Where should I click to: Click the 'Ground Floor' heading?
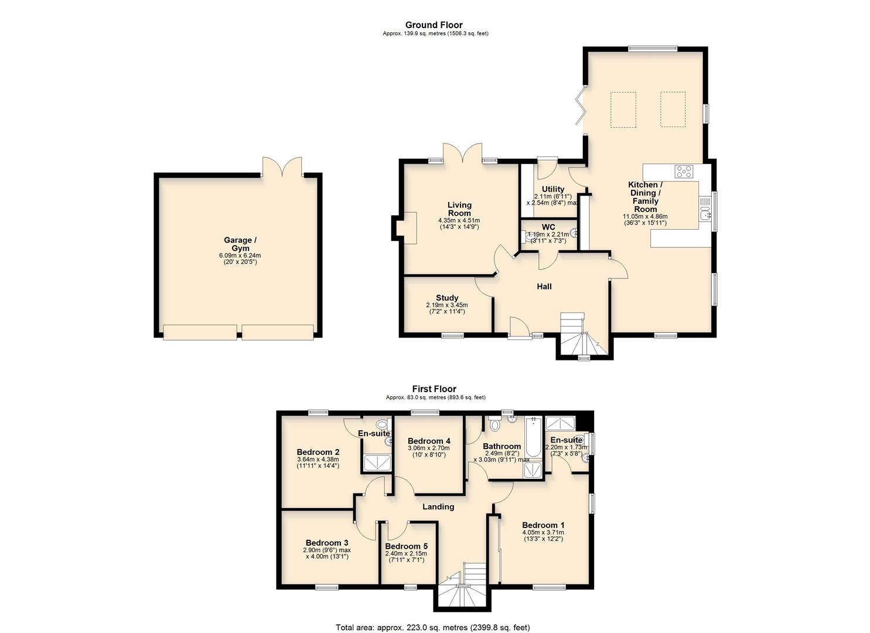[434, 25]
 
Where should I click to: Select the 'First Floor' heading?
[434, 389]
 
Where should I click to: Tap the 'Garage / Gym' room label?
[240, 244]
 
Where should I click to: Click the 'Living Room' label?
[459, 209]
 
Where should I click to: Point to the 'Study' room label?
[447, 298]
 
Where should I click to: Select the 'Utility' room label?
[553, 189]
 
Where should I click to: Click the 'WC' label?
[548, 227]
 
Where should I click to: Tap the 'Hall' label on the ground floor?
[544, 287]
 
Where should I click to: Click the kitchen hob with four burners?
[684, 172]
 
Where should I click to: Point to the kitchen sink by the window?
[705, 208]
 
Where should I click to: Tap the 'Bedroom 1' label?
[543, 525]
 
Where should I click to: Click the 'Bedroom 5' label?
[406, 546]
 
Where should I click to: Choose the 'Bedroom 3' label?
[326, 543]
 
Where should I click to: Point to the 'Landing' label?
[438, 507]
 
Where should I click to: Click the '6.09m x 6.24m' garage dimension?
[240, 256]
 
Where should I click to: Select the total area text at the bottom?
[432, 627]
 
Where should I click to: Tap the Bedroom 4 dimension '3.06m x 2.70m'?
[429, 448]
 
